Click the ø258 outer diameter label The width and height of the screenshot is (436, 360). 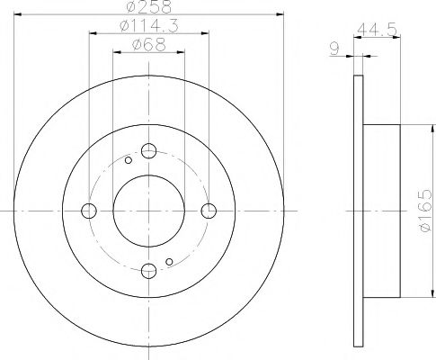click(x=148, y=8)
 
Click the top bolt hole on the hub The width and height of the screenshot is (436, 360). click(x=148, y=150)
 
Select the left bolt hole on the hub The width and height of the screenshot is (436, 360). click(x=88, y=211)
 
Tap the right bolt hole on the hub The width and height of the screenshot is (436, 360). click(x=209, y=211)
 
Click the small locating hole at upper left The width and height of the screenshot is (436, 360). click(x=129, y=161)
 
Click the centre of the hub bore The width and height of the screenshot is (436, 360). click(x=148, y=211)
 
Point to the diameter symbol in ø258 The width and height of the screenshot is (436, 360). click(x=131, y=8)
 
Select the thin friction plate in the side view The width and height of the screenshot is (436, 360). click(x=360, y=211)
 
